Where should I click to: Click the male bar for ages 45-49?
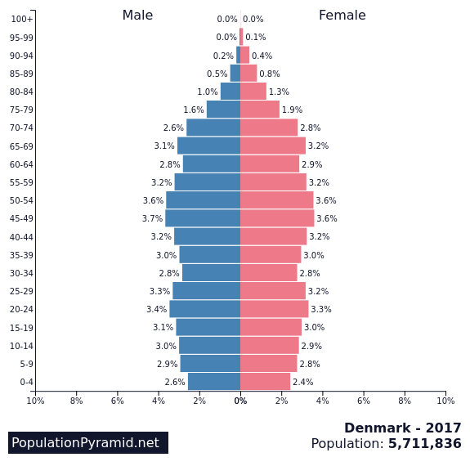(x=203, y=218)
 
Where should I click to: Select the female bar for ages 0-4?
(x=266, y=382)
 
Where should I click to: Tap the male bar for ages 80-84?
(x=231, y=92)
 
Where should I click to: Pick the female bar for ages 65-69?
(x=273, y=146)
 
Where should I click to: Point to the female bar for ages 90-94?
(x=245, y=55)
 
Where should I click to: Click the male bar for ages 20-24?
(x=205, y=309)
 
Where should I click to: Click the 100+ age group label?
(x=22, y=19)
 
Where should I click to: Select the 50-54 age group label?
(x=21, y=200)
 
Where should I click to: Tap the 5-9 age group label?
(x=27, y=364)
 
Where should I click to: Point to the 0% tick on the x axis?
(x=241, y=401)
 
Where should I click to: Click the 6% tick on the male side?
(x=118, y=401)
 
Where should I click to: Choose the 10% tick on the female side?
(x=445, y=401)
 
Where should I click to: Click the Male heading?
(x=137, y=16)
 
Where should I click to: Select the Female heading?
(x=342, y=16)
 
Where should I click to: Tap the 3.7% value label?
(x=152, y=218)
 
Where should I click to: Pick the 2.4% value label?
(x=302, y=382)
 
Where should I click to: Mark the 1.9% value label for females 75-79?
(x=293, y=110)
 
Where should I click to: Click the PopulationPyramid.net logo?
(x=88, y=442)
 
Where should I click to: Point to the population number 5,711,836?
(x=424, y=443)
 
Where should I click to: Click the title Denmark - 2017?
(x=403, y=428)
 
